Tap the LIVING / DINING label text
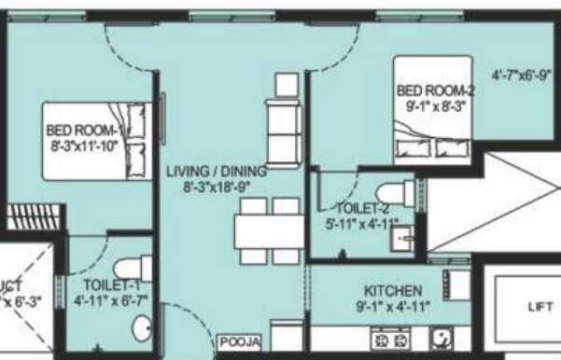217,172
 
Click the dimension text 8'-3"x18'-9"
216,186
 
